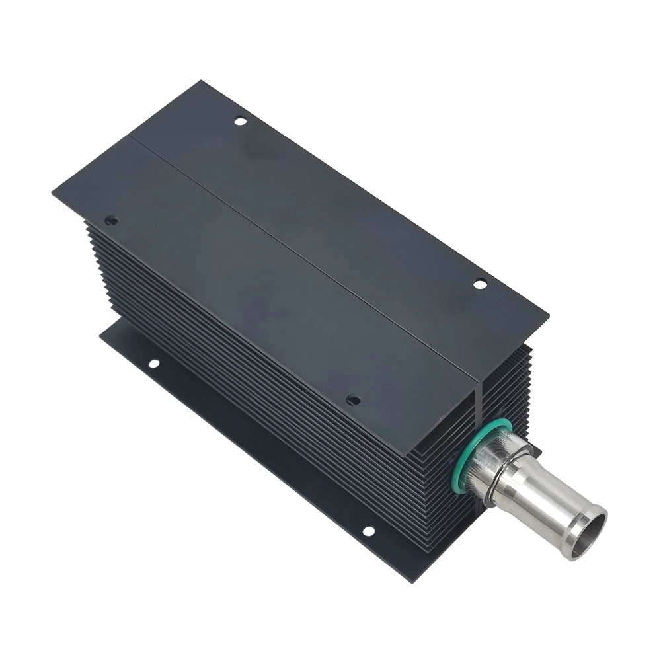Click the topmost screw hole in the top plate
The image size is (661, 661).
click(x=240, y=121)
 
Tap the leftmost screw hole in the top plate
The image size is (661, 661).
click(x=111, y=219)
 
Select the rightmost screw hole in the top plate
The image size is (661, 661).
click(x=480, y=284)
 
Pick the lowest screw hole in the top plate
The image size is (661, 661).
click(x=353, y=400)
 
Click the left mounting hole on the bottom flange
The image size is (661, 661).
click(x=153, y=363)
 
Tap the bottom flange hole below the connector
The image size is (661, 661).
click(x=368, y=531)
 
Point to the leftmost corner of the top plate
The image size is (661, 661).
click(x=53, y=192)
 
